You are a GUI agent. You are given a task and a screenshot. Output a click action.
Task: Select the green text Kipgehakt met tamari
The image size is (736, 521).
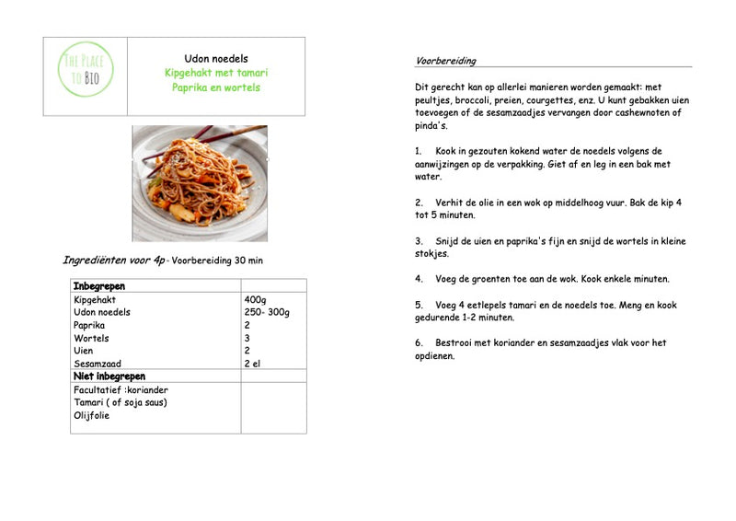(216, 73)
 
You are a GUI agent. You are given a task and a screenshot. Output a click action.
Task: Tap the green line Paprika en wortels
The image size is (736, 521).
(216, 87)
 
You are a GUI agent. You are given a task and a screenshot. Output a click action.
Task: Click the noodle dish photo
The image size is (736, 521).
(200, 183)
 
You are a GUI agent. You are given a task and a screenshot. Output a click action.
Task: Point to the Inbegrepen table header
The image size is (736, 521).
(98, 286)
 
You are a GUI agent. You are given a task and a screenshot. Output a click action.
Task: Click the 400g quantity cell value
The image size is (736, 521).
(255, 299)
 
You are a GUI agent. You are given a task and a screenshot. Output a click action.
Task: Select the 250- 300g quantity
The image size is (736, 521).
(267, 312)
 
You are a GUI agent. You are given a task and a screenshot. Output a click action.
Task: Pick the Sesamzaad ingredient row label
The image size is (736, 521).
(98, 364)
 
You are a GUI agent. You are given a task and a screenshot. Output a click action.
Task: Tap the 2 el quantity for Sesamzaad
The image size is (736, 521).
(253, 364)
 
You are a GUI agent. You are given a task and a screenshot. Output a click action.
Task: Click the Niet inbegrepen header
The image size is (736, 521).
(109, 376)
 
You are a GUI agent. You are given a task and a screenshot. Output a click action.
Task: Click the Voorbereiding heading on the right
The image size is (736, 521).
(445, 61)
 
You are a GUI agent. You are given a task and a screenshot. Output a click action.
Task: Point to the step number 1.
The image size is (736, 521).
(419, 150)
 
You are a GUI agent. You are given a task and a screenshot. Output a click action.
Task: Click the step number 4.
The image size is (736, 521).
(419, 278)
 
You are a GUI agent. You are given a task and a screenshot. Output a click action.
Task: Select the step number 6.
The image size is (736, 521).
(419, 342)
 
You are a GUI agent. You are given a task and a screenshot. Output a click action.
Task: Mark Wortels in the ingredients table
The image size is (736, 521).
(91, 338)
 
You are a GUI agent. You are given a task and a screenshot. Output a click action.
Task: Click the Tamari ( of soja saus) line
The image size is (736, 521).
(120, 402)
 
